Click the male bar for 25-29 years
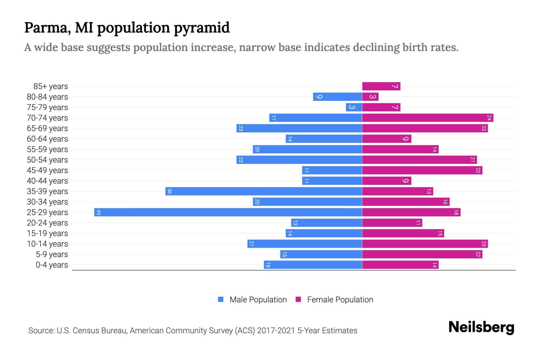(x=228, y=212)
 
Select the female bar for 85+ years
(x=381, y=86)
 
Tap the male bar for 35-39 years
(x=264, y=191)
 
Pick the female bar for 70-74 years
(x=427, y=118)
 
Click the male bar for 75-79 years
(x=354, y=107)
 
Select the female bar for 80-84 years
(x=370, y=97)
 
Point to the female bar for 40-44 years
(x=386, y=181)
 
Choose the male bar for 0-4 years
(x=313, y=265)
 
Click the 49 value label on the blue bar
(x=99, y=212)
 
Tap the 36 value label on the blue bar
(x=169, y=191)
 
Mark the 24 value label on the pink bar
(x=489, y=118)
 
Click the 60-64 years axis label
(x=47, y=139)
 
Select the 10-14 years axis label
(x=47, y=244)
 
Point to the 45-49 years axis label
(x=47, y=170)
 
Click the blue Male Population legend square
(x=221, y=299)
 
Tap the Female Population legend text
(x=340, y=300)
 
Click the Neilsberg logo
(x=481, y=327)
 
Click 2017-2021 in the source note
(x=276, y=331)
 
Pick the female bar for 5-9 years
(x=422, y=254)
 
